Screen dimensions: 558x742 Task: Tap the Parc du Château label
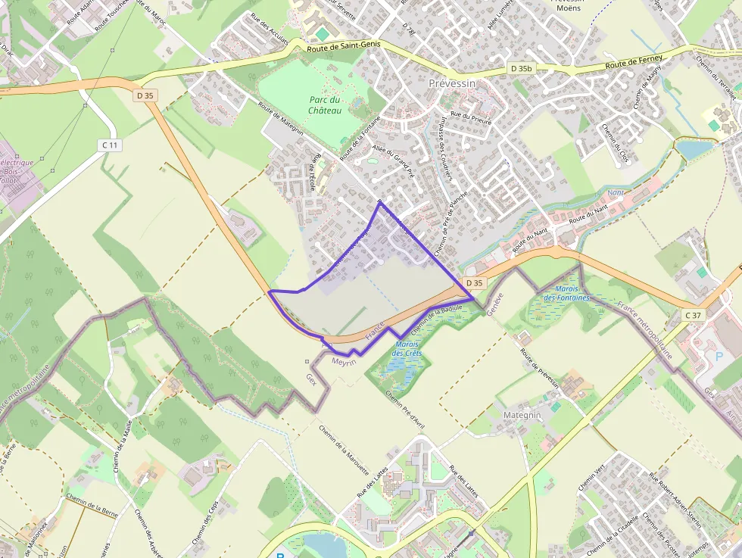coord(325,105)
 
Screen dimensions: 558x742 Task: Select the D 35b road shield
coord(522,68)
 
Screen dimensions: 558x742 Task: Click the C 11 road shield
coord(110,145)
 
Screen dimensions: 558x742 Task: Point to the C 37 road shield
coord(693,315)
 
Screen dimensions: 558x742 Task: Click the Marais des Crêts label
coord(407,349)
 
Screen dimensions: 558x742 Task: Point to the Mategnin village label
coord(522,416)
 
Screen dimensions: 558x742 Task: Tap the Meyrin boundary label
coord(344,362)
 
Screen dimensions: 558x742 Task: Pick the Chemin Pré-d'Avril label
coord(404,409)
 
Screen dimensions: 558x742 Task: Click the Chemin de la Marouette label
coord(344,447)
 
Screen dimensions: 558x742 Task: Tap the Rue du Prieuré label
coord(471,117)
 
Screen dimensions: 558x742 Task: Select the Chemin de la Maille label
coord(123,446)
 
